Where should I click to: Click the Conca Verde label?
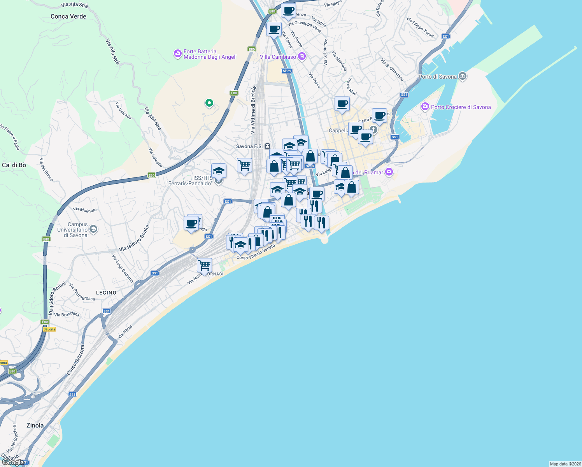pyautogui.click(x=68, y=16)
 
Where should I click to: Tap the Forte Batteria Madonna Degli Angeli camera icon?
pyautogui.click(x=178, y=53)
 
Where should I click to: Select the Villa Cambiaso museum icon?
pyautogui.click(x=302, y=57)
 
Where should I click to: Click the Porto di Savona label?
pyautogui.click(x=438, y=77)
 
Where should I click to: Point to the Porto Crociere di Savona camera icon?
pyautogui.click(x=425, y=107)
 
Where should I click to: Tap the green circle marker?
pyautogui.click(x=209, y=103)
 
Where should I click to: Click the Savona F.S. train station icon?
pyautogui.click(x=267, y=146)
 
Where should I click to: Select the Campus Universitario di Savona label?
pyautogui.click(x=73, y=230)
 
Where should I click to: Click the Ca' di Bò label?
pyautogui.click(x=14, y=165)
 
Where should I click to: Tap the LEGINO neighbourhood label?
pyautogui.click(x=106, y=293)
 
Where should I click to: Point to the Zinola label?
pyautogui.click(x=35, y=425)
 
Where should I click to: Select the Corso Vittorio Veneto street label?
pyautogui.click(x=256, y=252)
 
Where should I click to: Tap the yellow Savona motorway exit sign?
pyautogui.click(x=49, y=329)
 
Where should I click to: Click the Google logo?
pyautogui.click(x=13, y=462)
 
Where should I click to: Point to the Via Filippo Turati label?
pyautogui.click(x=420, y=27)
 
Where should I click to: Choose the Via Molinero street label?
pyautogui.click(x=85, y=210)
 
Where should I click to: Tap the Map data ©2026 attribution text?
pyautogui.click(x=564, y=464)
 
